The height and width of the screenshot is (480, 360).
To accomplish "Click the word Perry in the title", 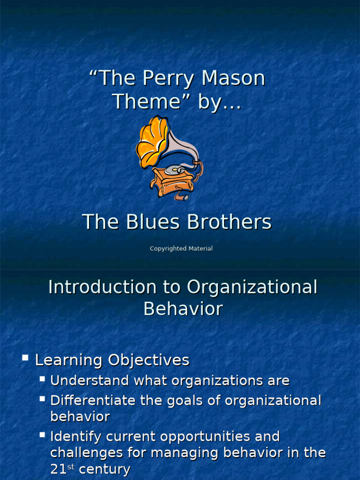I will tap(164, 78).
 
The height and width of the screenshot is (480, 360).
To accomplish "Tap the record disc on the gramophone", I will tap(174, 169).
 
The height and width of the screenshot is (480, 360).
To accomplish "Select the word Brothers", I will tap(229, 222).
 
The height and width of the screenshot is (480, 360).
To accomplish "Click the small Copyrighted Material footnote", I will tap(181, 248).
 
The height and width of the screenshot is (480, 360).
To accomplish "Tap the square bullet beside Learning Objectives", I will tap(25, 358).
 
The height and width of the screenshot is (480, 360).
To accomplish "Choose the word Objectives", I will tap(149, 360).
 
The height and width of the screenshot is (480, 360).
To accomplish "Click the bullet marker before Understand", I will tap(42, 378).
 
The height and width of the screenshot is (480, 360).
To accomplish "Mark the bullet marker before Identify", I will tap(42, 435).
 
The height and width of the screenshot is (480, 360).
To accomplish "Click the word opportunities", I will tap(206, 436).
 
